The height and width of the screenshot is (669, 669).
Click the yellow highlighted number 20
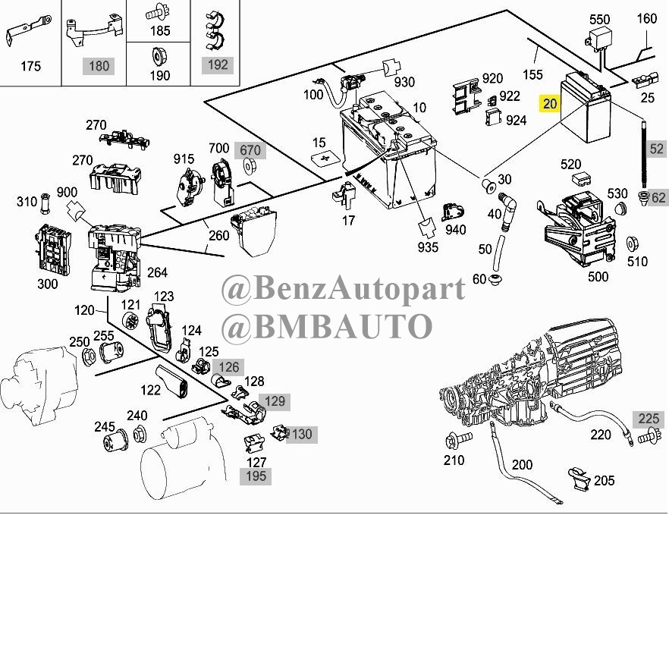(549, 104)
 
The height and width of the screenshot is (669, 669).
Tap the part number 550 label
(599, 19)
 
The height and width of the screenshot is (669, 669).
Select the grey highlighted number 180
(99, 66)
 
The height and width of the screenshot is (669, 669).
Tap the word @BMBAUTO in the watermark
(327, 326)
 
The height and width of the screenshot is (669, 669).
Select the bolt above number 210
(458, 439)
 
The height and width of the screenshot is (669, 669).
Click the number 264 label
(157, 272)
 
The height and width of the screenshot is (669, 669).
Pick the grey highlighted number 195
(256, 476)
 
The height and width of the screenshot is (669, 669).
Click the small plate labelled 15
(325, 159)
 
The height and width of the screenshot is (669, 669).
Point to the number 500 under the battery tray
(598, 276)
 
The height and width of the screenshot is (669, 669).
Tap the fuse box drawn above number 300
(52, 249)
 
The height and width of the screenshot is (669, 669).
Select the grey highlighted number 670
(250, 150)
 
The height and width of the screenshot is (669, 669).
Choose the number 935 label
(428, 247)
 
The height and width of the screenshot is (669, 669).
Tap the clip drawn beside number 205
(579, 479)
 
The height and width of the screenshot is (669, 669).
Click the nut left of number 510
(633, 244)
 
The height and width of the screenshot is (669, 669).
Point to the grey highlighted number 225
(649, 419)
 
